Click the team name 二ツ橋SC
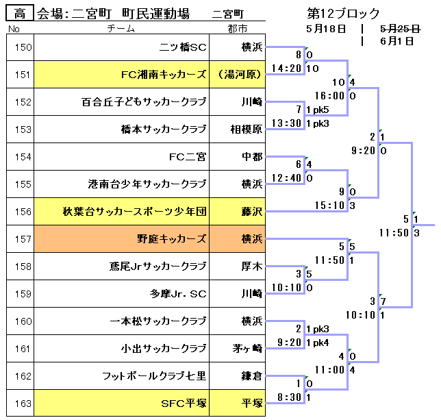pyautogui.click(x=182, y=47)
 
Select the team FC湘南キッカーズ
pyautogui.click(x=163, y=75)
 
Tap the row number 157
pyautogui.click(x=23, y=239)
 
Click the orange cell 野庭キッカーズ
pyautogui.click(x=172, y=239)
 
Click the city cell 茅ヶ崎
pyautogui.click(x=247, y=349)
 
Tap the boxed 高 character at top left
pyautogui.click(x=19, y=14)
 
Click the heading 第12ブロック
pyautogui.click(x=344, y=14)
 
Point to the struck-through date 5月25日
pyautogui.click(x=400, y=29)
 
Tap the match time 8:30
pyautogui.click(x=290, y=397)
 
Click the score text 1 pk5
pyautogui.click(x=317, y=110)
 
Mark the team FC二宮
pyautogui.click(x=188, y=157)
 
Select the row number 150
pyautogui.click(x=23, y=47)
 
